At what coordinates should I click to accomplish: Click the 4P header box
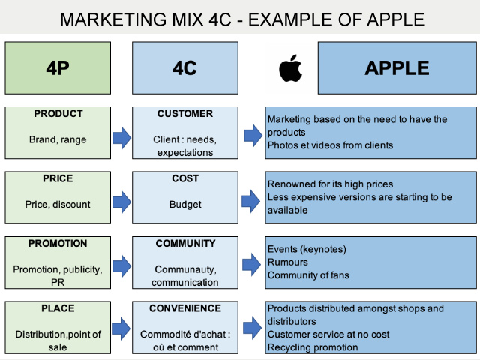58,68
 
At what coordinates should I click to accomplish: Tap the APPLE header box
397,68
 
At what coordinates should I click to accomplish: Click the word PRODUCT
58,114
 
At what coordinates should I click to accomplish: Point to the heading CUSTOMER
184,114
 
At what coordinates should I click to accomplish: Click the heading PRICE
58,178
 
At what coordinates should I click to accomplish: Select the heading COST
184,178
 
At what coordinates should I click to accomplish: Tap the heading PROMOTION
58,243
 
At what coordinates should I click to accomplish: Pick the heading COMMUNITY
184,243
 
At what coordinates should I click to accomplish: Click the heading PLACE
58,307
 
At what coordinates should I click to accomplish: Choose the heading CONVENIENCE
184,307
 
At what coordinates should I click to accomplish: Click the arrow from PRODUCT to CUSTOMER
121,136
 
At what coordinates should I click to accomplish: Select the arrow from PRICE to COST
121,201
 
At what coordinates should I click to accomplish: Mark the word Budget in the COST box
184,204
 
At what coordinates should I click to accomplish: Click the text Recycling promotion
313,347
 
